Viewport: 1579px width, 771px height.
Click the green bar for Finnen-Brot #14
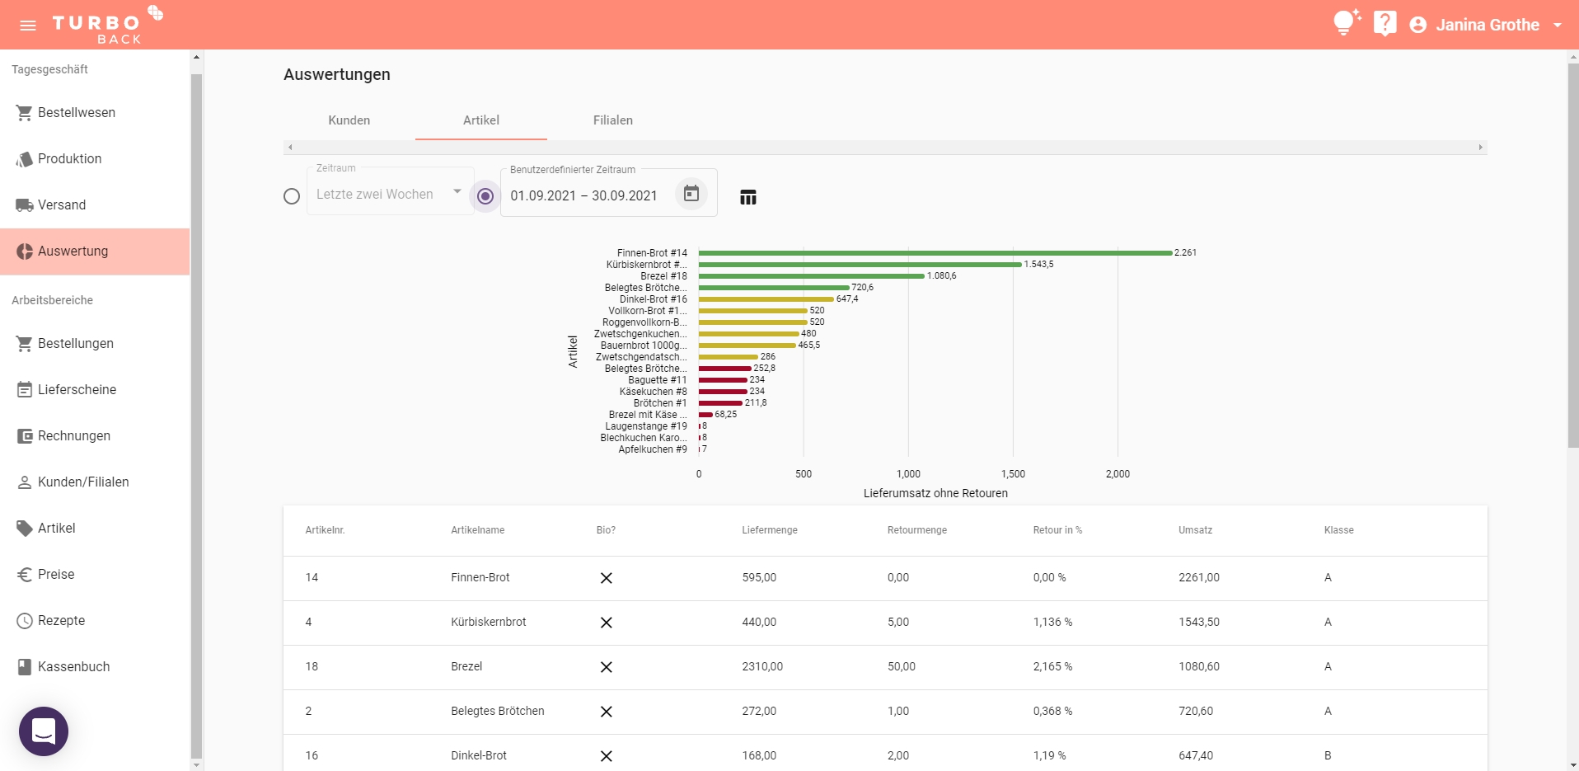point(935,253)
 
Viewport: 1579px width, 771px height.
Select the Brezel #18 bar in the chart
point(811,276)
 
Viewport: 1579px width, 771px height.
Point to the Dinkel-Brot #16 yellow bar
point(766,299)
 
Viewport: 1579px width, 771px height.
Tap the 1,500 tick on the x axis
point(1013,474)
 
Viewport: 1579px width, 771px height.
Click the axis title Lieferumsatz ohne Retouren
point(935,493)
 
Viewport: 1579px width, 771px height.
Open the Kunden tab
point(349,120)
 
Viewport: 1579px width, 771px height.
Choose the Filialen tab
point(612,120)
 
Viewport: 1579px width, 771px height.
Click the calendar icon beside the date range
point(691,194)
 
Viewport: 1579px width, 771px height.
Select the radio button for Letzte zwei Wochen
point(292,196)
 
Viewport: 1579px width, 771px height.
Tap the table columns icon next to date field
point(748,197)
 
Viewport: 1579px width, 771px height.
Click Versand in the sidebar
point(62,205)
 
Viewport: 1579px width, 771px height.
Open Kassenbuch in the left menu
point(73,667)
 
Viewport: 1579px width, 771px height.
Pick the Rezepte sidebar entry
point(61,621)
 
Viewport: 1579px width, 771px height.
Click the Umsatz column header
point(1195,530)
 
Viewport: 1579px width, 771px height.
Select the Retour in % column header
point(1057,530)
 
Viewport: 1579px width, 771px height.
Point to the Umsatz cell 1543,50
point(1198,623)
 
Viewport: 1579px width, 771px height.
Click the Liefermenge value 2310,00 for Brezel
point(762,667)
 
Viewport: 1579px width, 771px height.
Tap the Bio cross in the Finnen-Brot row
point(607,578)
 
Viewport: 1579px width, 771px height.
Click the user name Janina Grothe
point(1487,25)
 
